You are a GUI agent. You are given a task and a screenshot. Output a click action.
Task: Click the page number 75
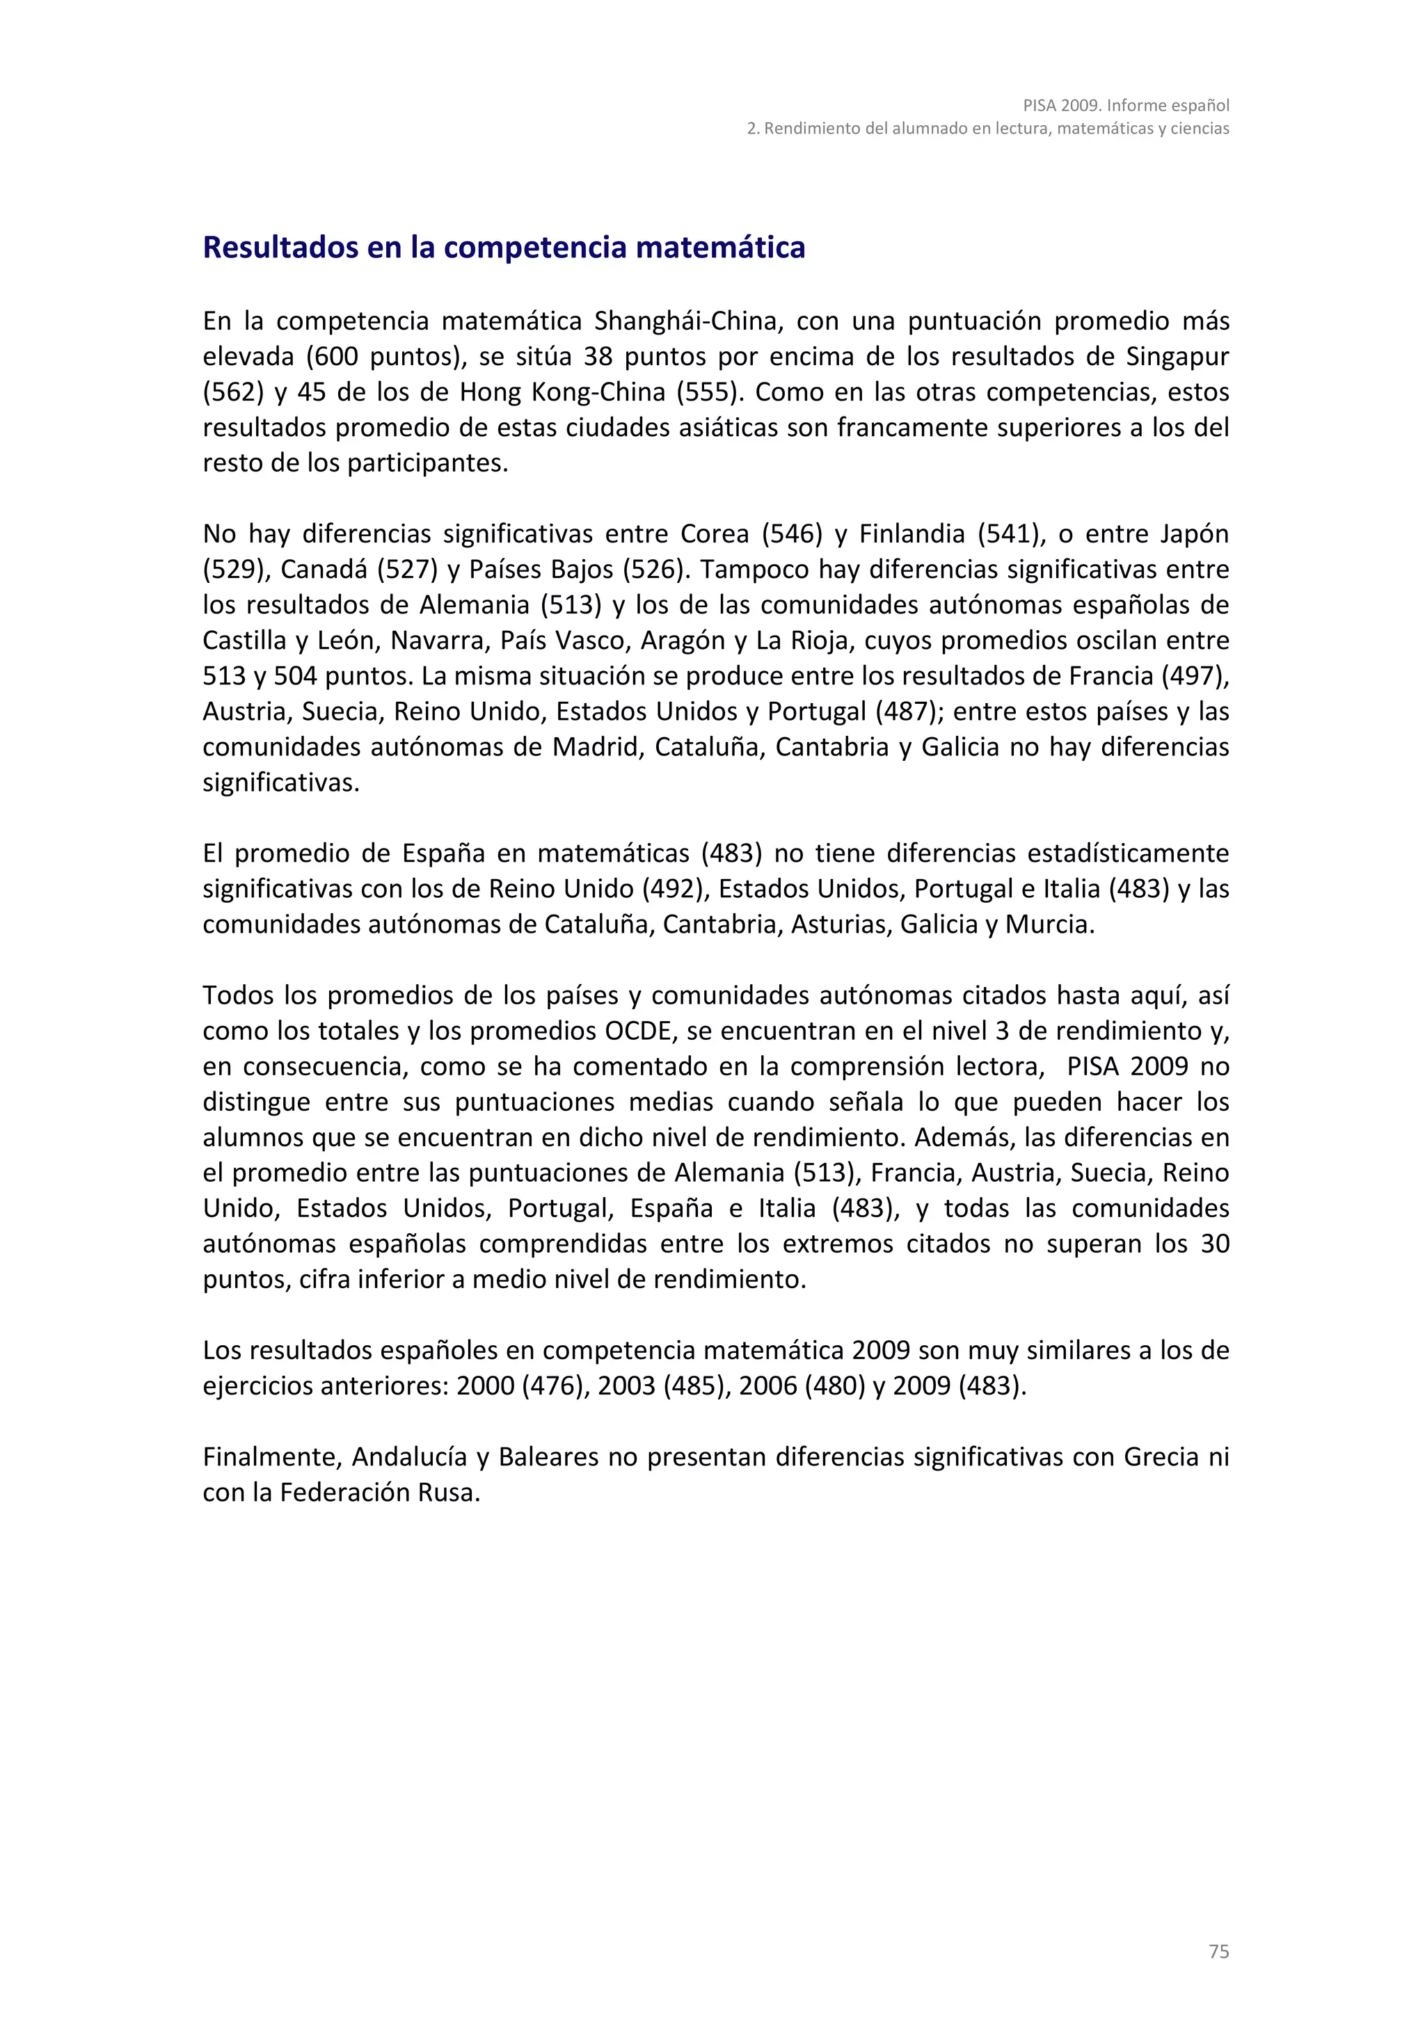(1218, 1952)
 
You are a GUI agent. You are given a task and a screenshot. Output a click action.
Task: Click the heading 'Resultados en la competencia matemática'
(504, 247)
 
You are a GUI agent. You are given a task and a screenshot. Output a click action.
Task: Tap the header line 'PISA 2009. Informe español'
(1125, 105)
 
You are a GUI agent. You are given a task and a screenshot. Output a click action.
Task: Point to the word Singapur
(1177, 356)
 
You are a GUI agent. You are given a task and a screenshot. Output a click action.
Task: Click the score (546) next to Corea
(791, 534)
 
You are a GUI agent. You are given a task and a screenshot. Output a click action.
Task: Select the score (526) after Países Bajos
(653, 570)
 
